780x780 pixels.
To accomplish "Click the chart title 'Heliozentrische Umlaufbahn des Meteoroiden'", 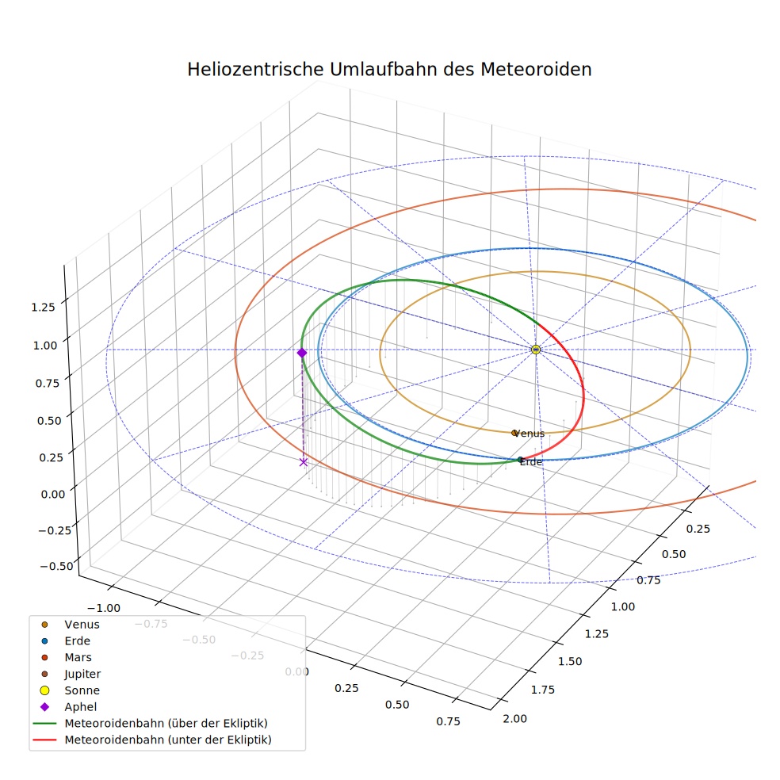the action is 389,69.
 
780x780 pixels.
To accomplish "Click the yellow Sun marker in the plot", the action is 536,350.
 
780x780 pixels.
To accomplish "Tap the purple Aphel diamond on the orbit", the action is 302,353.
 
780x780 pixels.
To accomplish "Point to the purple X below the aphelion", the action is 304,462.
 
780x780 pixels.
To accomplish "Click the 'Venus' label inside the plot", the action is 529,434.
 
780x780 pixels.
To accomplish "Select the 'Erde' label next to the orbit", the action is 531,462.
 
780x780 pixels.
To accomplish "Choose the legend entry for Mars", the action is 68,657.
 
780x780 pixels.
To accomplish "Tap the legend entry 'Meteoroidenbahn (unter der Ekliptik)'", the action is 151,740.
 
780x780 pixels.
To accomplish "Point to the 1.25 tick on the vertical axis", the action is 44,307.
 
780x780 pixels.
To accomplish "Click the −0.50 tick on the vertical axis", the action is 57,566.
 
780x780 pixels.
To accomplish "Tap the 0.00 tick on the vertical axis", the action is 53,494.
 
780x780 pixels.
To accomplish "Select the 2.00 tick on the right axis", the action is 515,718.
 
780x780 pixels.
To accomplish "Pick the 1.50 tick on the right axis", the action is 570,661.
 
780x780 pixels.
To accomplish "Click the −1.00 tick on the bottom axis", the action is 104,608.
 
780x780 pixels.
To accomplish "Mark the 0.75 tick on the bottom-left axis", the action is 448,721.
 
